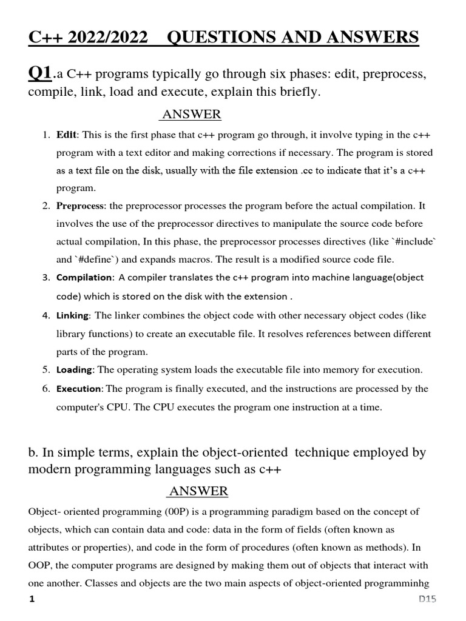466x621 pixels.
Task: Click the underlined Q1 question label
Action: tap(40, 74)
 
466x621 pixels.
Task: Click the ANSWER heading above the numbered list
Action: tap(190, 115)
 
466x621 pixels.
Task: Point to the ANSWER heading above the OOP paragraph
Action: tap(198, 491)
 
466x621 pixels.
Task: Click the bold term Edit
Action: tap(67, 135)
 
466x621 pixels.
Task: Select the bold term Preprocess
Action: tap(81, 206)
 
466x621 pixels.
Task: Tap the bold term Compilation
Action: tap(84, 278)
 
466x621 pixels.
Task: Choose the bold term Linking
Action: tap(73, 315)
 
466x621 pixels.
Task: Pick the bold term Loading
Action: tap(75, 369)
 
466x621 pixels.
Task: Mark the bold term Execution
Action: tap(79, 389)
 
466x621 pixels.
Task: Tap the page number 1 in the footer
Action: tap(32, 600)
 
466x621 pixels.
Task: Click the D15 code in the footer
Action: tap(427, 600)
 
